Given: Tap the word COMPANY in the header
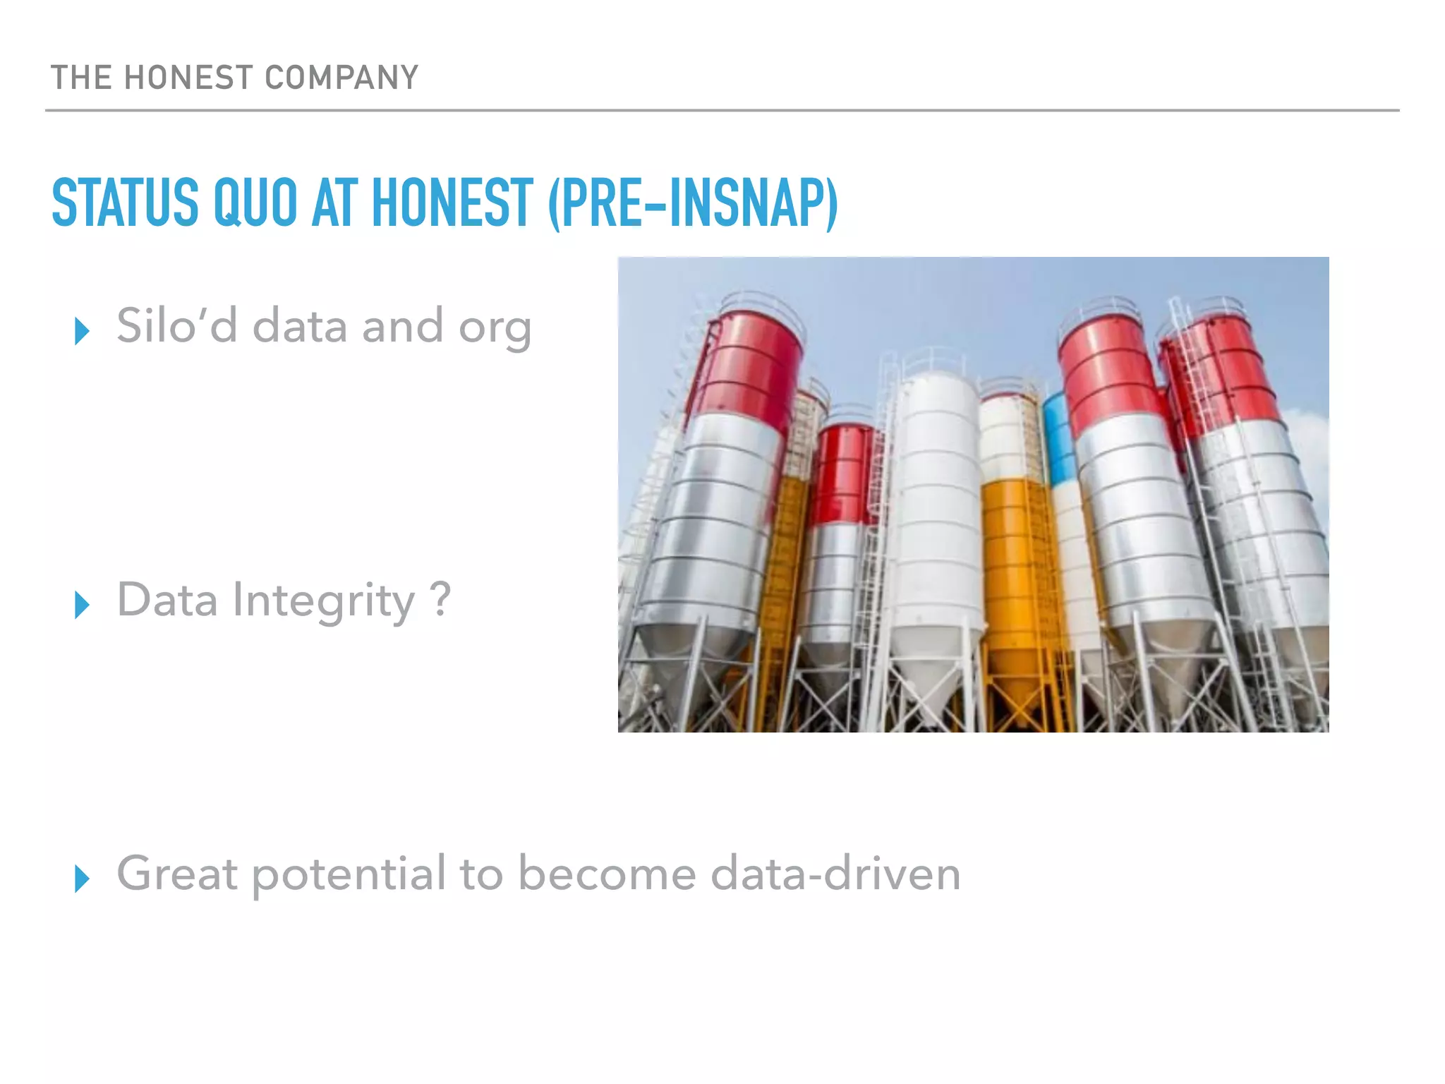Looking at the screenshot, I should click(341, 78).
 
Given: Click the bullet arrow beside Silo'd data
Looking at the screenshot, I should click(82, 330).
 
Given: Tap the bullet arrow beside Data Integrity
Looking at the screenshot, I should click(82, 605).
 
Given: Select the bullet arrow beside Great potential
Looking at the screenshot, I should click(82, 879).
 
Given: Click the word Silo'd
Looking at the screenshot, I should click(176, 326).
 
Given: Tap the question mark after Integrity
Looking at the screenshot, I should click(440, 599).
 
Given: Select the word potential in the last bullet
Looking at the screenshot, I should click(349, 875).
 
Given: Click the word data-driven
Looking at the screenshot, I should click(835, 874).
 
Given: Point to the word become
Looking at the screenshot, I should click(607, 874).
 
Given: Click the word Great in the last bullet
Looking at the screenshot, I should click(176, 874).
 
